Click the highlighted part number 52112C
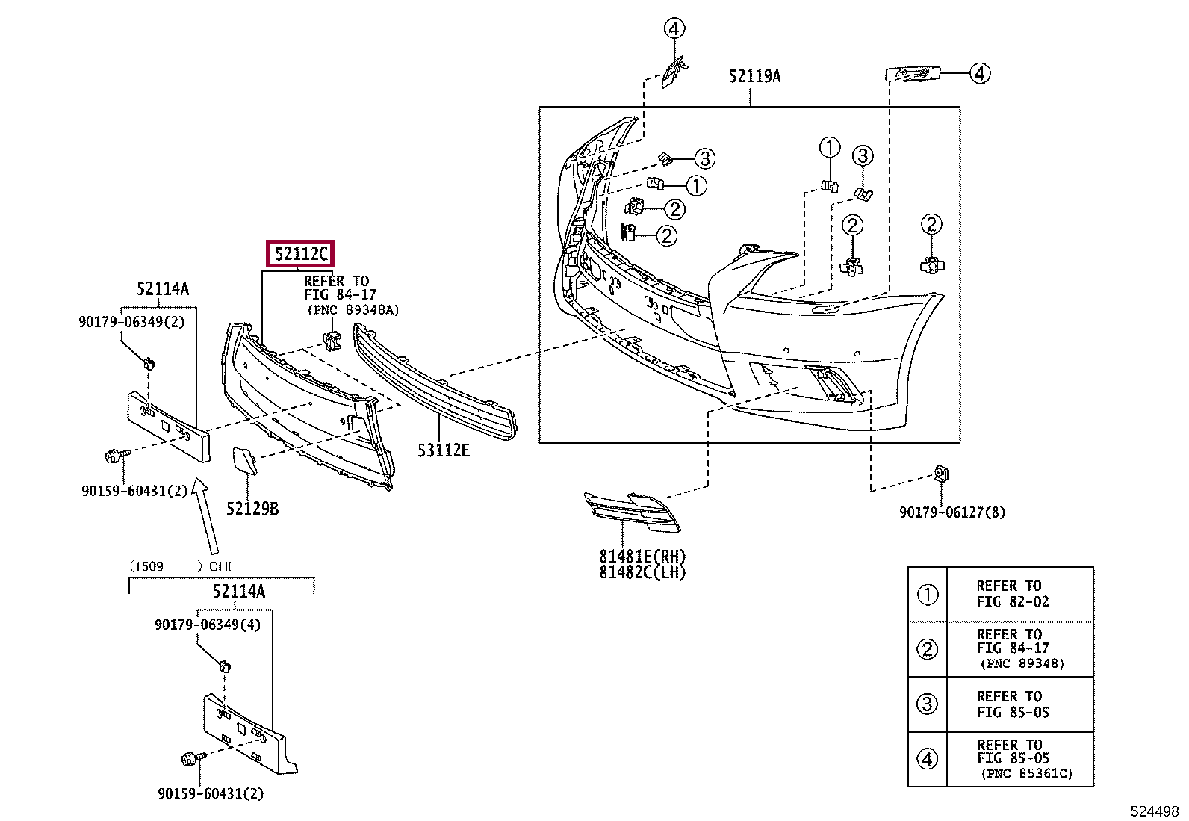click(x=300, y=255)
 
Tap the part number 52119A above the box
click(x=755, y=76)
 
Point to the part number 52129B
click(x=252, y=509)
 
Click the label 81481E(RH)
click(x=642, y=557)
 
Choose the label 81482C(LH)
click(x=642, y=572)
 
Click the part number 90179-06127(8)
click(x=952, y=512)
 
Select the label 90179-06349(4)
click(x=208, y=625)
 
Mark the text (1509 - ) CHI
click(x=180, y=566)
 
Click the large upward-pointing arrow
click(x=204, y=515)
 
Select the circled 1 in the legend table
click(x=927, y=595)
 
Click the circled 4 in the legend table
click(x=927, y=759)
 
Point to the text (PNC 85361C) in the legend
click(x=1027, y=774)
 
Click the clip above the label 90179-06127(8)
click(x=941, y=473)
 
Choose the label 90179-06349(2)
click(x=131, y=321)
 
